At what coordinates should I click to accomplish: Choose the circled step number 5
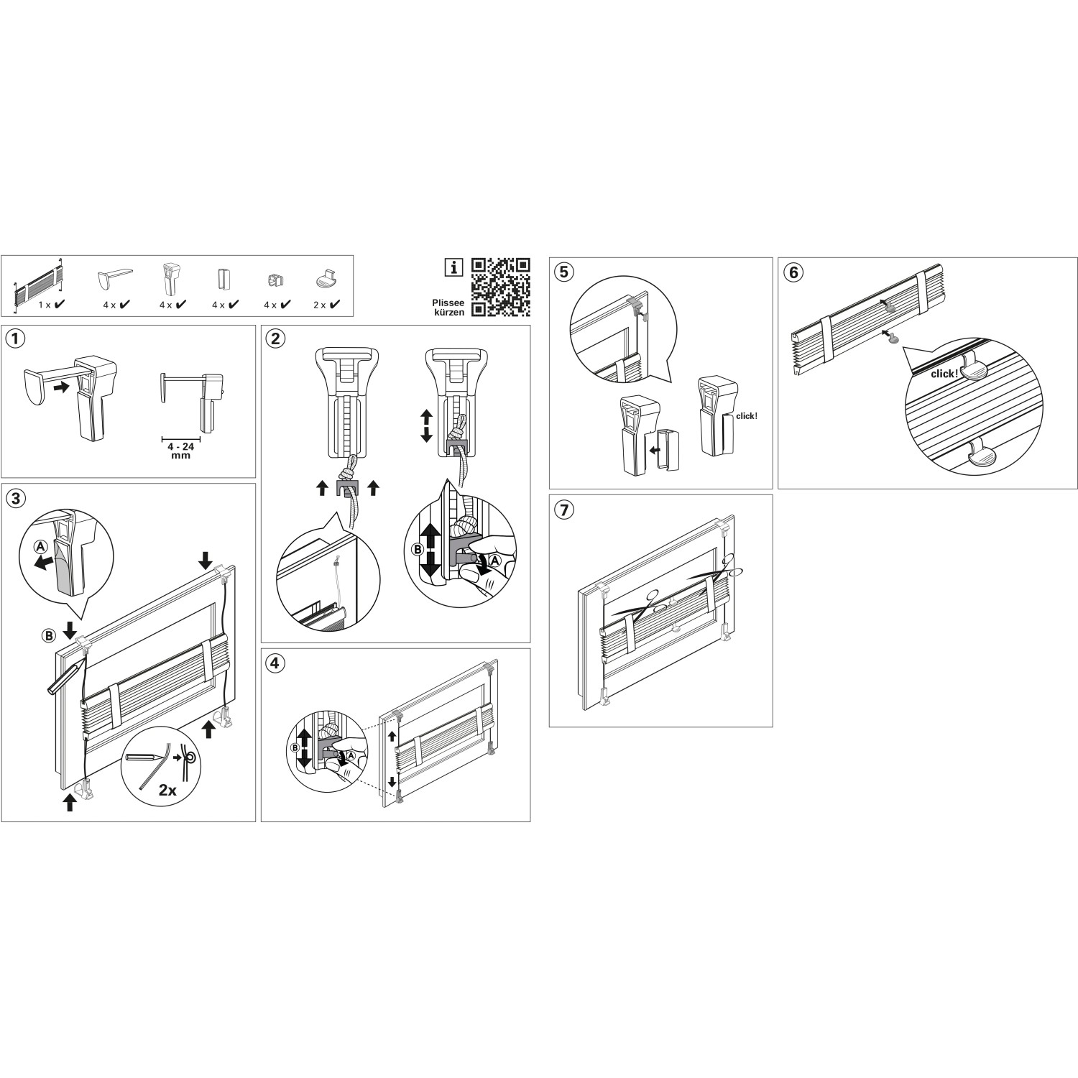[x=564, y=272]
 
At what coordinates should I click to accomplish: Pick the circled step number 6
[x=793, y=272]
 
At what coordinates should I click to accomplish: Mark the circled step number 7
[x=564, y=510]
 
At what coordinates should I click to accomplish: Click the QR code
[x=500, y=287]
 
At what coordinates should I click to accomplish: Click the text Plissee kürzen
[x=448, y=308]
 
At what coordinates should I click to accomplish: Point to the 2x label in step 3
[x=167, y=790]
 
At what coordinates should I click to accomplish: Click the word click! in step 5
[x=747, y=416]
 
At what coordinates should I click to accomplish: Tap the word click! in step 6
[x=944, y=374]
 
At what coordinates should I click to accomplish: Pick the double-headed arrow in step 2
[x=426, y=425]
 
